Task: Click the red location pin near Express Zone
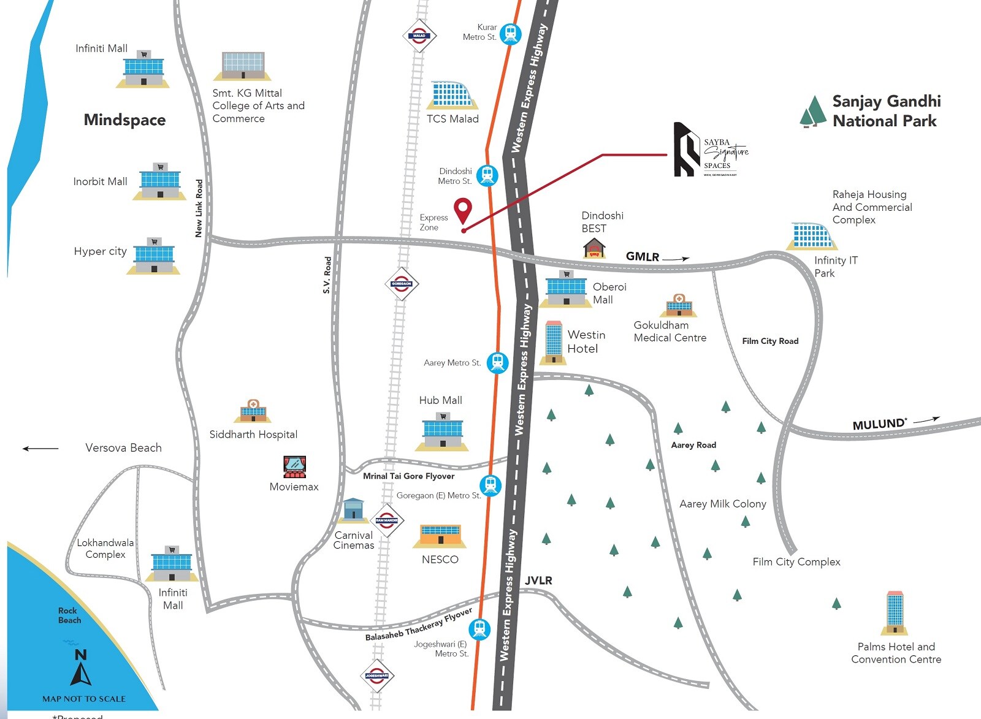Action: [463, 211]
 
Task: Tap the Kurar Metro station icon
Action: [510, 33]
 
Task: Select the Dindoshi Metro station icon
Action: [487, 176]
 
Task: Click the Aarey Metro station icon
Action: [497, 362]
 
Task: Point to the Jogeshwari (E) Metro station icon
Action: [479, 630]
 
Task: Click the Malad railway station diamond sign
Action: [419, 36]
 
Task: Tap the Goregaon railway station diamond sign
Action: [402, 284]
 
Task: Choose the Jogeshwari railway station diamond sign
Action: [376, 676]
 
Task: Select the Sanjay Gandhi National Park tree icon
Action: [813, 112]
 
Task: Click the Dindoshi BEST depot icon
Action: [594, 248]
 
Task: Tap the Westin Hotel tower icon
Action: [554, 342]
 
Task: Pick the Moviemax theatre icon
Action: [295, 467]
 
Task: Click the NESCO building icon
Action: [440, 535]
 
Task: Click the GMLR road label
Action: [642, 257]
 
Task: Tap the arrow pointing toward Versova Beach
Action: [40, 449]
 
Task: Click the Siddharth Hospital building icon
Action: [253, 411]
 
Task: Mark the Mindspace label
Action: [124, 120]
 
